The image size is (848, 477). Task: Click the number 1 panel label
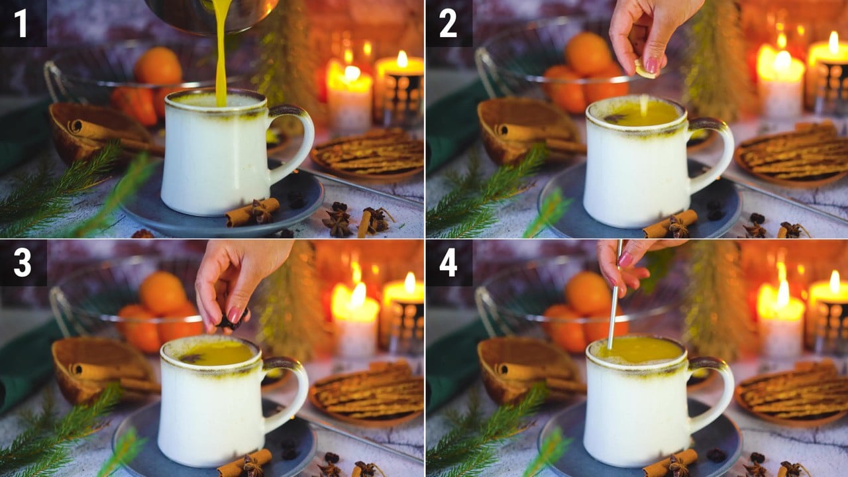coord(21,23)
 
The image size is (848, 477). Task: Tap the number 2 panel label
coord(449,23)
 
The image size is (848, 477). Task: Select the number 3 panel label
coord(23,263)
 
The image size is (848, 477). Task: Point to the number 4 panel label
coord(449,263)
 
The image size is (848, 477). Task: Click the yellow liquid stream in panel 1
coord(221,53)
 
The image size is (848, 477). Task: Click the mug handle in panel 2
coord(714,155)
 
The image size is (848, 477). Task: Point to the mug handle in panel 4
coord(714,394)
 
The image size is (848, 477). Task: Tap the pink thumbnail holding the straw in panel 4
coord(625,260)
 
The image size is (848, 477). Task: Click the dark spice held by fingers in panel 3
coord(232,321)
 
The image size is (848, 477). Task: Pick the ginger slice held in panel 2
coord(645,70)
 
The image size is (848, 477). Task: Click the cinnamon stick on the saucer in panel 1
coord(252,213)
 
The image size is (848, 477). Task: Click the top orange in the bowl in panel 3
coord(162,293)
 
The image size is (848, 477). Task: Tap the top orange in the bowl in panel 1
coord(158,66)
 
